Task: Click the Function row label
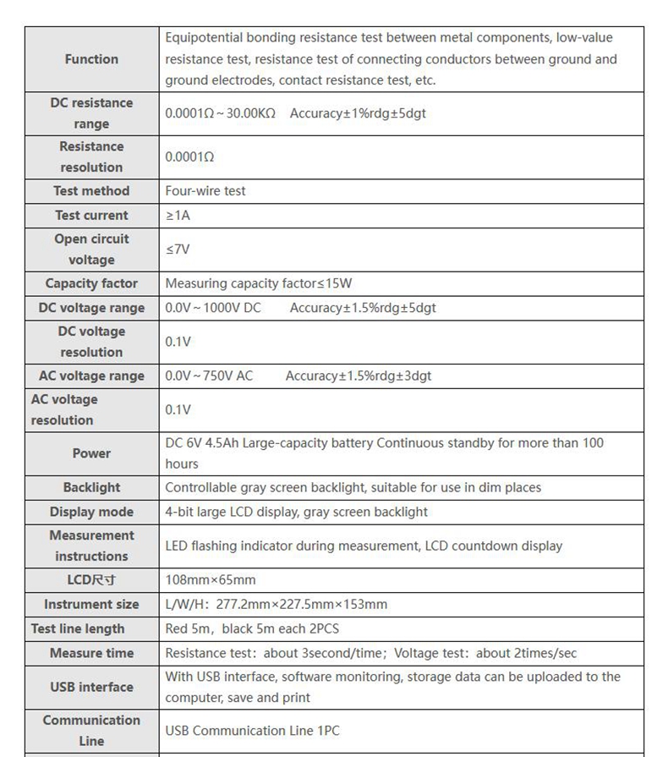pyautogui.click(x=91, y=59)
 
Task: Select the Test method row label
pyautogui.click(x=91, y=191)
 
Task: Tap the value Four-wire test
pyautogui.click(x=205, y=191)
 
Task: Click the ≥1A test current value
pyautogui.click(x=178, y=216)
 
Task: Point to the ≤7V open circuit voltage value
pyautogui.click(x=178, y=250)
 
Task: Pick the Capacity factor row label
pyautogui.click(x=91, y=283)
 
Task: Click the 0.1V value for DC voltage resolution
pyautogui.click(x=178, y=342)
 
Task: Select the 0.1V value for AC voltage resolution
pyautogui.click(x=178, y=409)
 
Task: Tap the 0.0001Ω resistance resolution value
pyautogui.click(x=189, y=157)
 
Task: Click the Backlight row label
pyautogui.click(x=91, y=487)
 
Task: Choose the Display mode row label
pyautogui.click(x=91, y=512)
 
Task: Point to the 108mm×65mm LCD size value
pyautogui.click(x=211, y=580)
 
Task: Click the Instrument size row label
pyautogui.click(x=91, y=605)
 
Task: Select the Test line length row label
pyautogui.click(x=78, y=628)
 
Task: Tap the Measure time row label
pyautogui.click(x=91, y=653)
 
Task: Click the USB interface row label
pyautogui.click(x=91, y=687)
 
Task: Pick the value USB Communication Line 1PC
pyautogui.click(x=252, y=731)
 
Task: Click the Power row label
pyautogui.click(x=91, y=453)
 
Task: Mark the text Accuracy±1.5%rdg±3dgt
pyautogui.click(x=359, y=376)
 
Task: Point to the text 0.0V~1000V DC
pyautogui.click(x=213, y=308)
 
